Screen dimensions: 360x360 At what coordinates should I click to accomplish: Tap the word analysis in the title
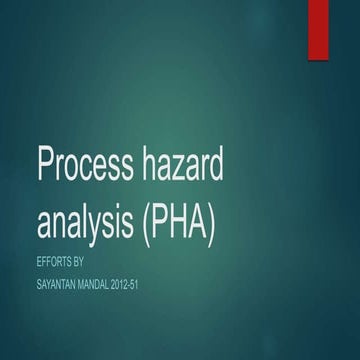click(x=87, y=222)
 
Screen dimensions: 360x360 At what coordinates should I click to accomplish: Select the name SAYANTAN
click(x=62, y=286)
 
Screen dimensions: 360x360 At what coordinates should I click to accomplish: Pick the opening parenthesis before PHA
click(x=145, y=222)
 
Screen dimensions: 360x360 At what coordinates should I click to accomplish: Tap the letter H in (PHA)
click(x=178, y=221)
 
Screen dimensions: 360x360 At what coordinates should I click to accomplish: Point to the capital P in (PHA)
click(x=158, y=221)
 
